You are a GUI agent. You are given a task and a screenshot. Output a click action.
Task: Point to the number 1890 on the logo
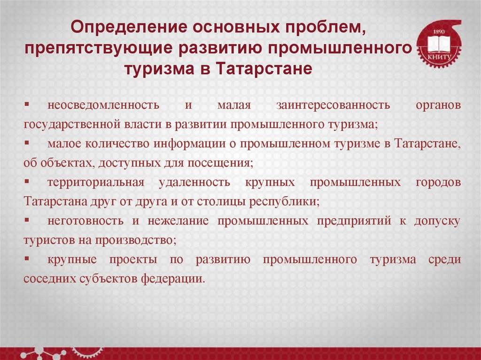tap(439, 31)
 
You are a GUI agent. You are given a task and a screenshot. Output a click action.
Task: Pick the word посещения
tap(222, 163)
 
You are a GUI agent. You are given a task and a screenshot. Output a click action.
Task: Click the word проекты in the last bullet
tap(132, 260)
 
